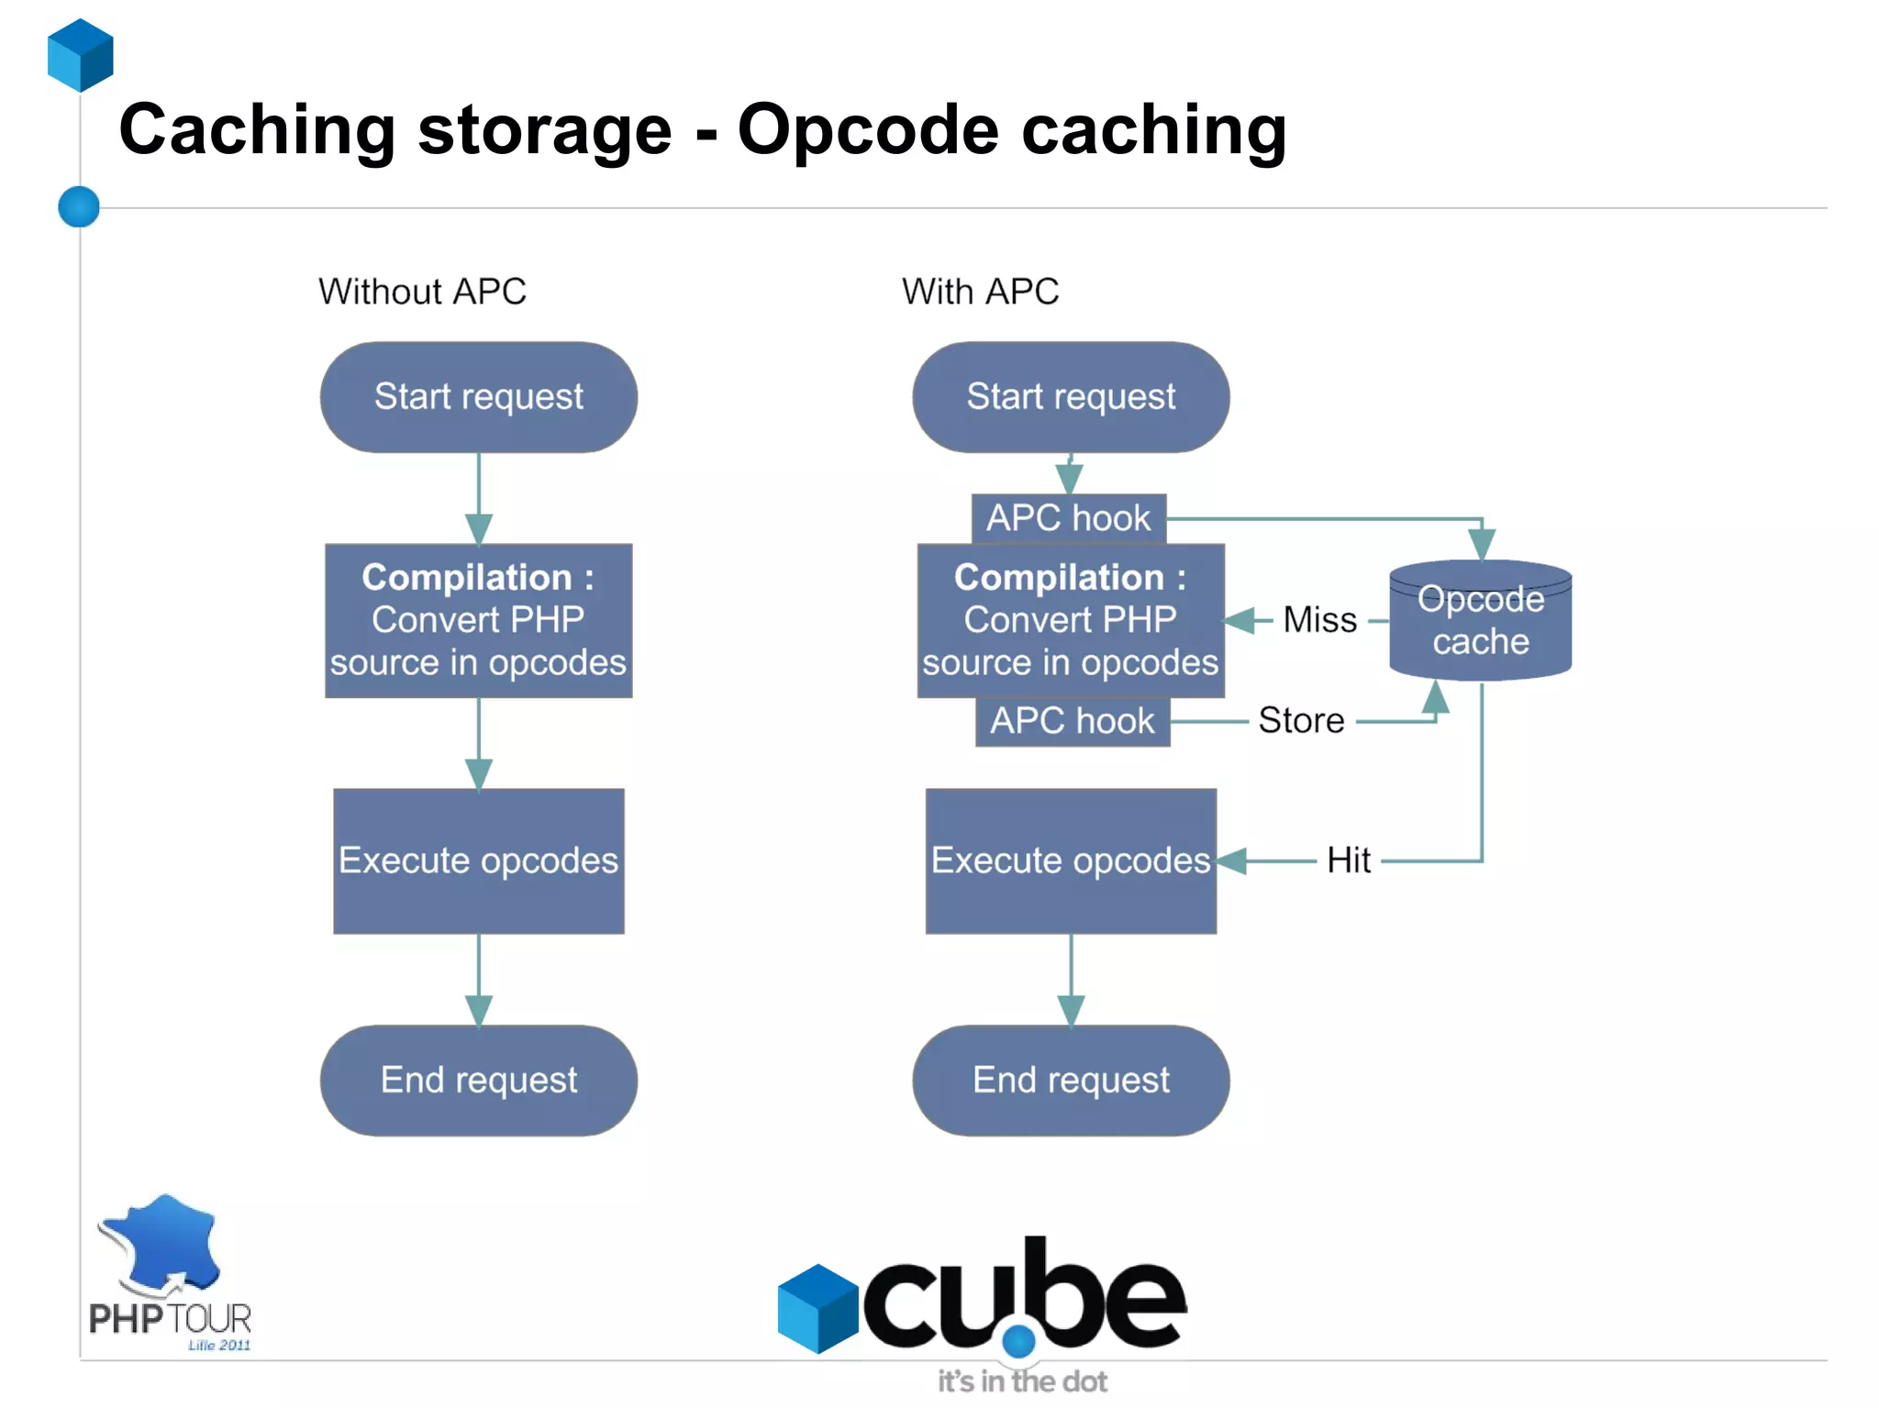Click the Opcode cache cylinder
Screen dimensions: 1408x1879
1480,621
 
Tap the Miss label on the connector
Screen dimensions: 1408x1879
1319,620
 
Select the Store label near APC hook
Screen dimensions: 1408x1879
1300,721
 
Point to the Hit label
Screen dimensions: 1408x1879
1348,860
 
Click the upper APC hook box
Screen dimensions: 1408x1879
1068,518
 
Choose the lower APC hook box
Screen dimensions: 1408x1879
1072,721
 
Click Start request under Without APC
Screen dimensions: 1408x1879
478,397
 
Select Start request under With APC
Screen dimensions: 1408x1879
1071,397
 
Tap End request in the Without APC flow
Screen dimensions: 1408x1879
478,1081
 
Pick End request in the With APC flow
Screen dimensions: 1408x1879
1071,1081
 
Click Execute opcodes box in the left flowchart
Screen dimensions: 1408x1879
478,860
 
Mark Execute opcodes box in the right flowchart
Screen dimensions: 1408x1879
1071,860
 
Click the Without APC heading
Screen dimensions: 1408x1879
422,292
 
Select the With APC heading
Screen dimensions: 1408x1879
980,292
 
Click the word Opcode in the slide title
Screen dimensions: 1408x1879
867,130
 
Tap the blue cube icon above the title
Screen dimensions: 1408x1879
81,55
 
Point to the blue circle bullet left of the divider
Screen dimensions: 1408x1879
79,206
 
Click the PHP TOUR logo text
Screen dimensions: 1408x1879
170,1319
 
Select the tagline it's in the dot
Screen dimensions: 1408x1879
1021,1381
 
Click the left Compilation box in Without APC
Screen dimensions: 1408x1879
478,620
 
